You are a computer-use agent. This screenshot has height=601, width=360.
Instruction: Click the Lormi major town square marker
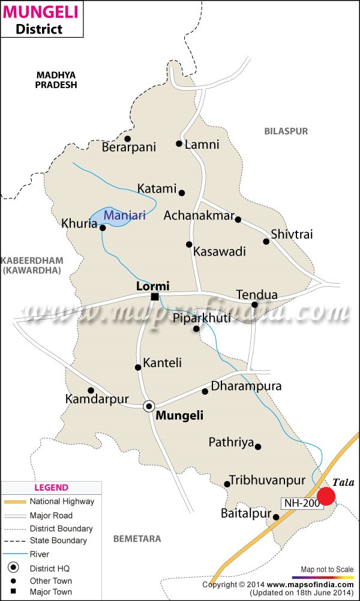coord(155,296)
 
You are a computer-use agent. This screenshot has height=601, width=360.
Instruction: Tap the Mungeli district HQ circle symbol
coord(149,406)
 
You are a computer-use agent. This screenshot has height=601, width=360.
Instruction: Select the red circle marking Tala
coord(326,496)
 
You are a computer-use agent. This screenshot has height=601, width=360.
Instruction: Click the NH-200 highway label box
coord(302,503)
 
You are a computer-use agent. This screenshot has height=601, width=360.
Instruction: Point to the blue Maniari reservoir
coord(114,217)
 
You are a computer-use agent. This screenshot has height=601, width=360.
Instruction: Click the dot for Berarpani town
coord(127,139)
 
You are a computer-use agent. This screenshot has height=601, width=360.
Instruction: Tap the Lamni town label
coord(202,145)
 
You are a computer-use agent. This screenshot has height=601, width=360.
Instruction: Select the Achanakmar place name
coord(199,215)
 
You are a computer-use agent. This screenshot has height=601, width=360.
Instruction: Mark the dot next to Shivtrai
coord(266,241)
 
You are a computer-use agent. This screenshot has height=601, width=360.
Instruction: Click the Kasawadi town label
coord(220,252)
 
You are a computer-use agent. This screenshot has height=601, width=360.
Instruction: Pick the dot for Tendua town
coord(254,305)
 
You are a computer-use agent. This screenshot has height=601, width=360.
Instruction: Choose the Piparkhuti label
coord(201,318)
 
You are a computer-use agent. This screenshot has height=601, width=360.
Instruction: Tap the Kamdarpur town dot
coord(91,390)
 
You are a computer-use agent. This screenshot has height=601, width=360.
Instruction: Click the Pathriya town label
coord(231,443)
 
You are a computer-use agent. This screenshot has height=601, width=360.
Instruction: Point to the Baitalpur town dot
coord(276,517)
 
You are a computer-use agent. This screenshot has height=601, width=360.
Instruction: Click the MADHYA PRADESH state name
coord(56,80)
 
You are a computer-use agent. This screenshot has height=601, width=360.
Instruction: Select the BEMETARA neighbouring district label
coord(137,539)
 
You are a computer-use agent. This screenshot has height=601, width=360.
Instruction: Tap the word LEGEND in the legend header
coord(51,488)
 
